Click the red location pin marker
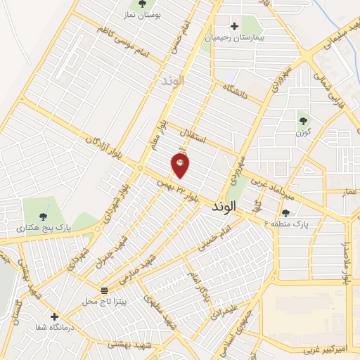(180, 165)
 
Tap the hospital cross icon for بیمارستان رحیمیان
(234, 26)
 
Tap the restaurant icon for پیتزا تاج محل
(105, 290)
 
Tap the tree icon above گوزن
(304, 120)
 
